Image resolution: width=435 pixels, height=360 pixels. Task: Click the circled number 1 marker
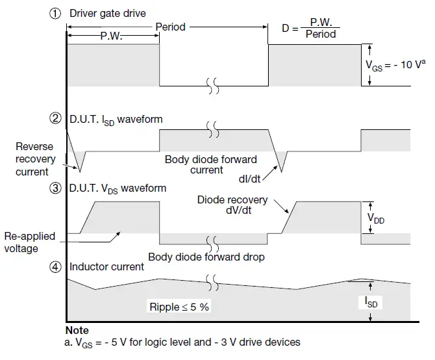[56, 14]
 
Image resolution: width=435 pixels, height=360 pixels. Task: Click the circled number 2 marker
[56, 119]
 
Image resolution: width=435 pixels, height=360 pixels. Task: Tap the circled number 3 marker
[56, 188]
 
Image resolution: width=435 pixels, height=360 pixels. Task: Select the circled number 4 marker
[56, 266]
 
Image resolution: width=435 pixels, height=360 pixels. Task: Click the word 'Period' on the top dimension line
[170, 27]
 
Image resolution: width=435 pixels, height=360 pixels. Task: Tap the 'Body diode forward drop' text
[206, 257]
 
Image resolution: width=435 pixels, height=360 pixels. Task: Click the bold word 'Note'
[77, 331]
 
